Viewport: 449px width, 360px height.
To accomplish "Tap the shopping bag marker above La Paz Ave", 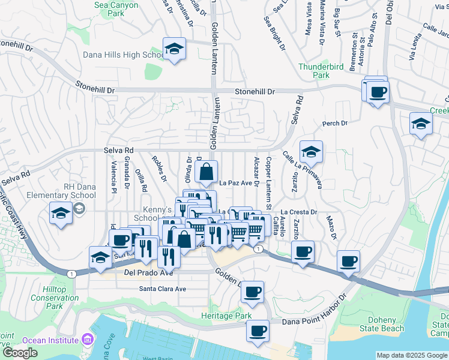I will (x=206, y=172).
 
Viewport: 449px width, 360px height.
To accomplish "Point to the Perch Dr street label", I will (x=335, y=124).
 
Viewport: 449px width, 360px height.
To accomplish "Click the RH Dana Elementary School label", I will (x=62, y=191).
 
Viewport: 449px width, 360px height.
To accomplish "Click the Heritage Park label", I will (x=226, y=316).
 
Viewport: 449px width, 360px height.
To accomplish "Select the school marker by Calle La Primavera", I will (x=311, y=152).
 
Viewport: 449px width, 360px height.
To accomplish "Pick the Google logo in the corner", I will (x=20, y=352).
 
